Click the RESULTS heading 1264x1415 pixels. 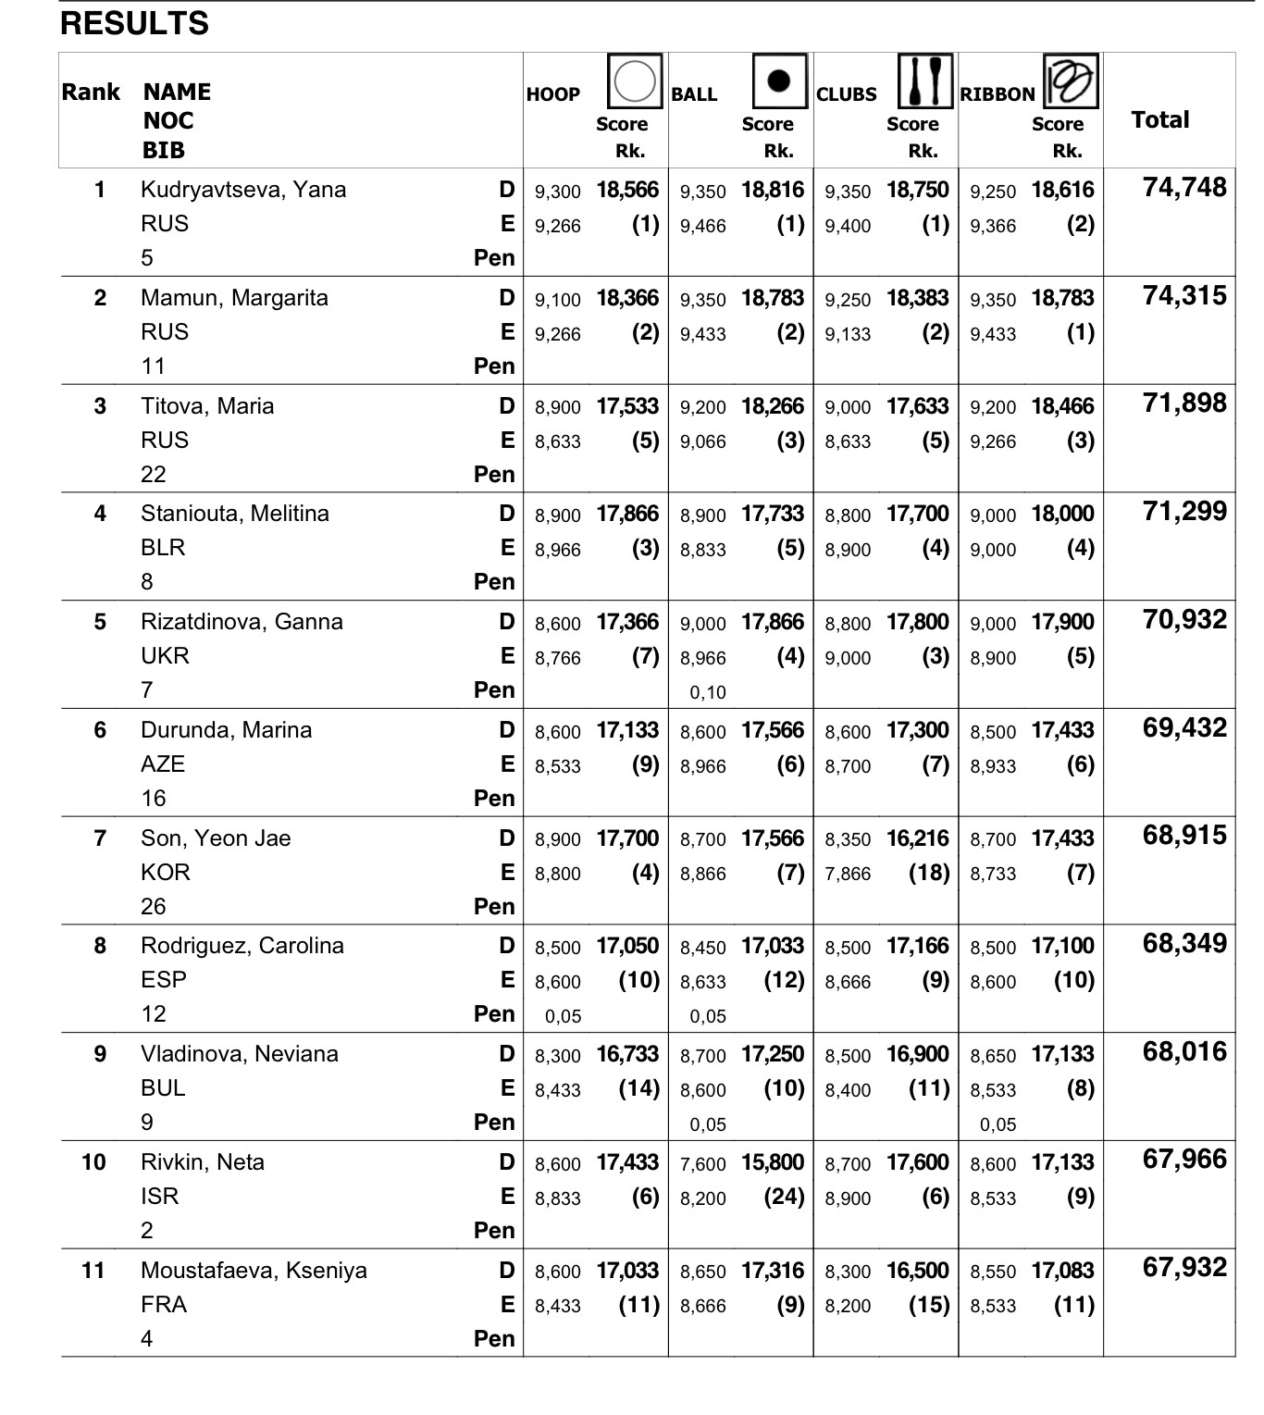134,23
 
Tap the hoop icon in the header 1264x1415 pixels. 635,81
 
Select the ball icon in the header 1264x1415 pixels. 779,81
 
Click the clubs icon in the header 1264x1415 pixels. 924,81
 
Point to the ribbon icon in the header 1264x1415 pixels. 1071,81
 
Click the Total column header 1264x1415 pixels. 1160,119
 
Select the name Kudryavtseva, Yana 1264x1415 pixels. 243,190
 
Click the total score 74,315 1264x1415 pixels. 1184,296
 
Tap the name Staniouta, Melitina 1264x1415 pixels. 235,514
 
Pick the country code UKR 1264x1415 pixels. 165,656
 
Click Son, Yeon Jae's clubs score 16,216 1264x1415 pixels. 917,838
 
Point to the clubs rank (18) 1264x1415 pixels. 929,873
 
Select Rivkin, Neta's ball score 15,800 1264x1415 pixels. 773,1162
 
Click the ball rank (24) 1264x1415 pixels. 784,1197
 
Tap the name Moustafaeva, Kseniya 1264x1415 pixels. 254,1271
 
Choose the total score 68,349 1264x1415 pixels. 1184,944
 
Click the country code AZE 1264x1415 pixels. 163,764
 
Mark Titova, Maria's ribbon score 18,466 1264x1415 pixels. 1062,406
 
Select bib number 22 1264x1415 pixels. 154,475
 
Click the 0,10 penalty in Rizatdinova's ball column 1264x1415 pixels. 708,692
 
